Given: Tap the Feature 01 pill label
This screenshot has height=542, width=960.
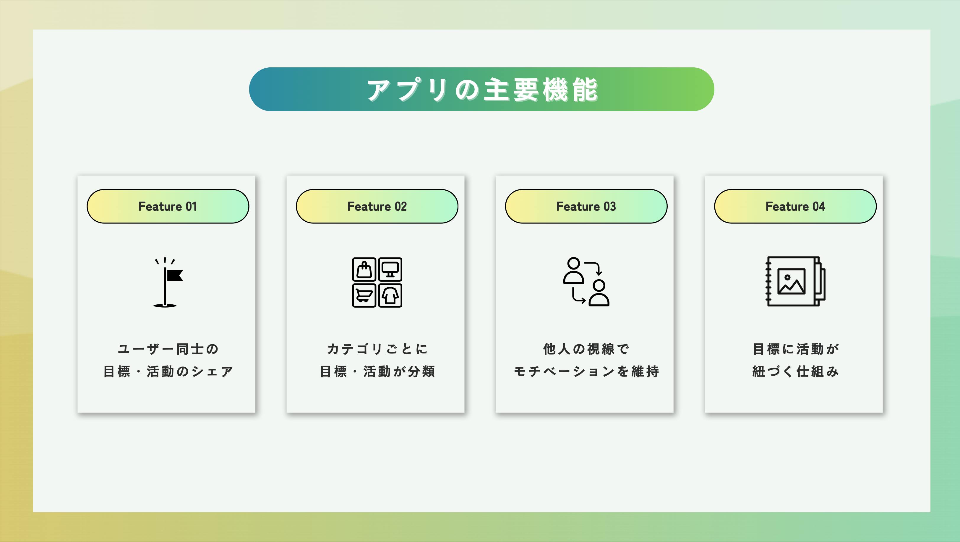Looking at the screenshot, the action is coord(168,206).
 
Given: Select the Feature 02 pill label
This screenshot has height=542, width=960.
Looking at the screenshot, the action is coord(377,206).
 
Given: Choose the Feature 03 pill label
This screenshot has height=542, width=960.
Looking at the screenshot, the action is coord(586,206).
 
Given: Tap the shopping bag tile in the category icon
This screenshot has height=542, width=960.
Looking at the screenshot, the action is coord(364,269).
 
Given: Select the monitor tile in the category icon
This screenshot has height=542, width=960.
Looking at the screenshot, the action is coord(390,269).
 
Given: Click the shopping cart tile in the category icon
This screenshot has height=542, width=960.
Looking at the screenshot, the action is coord(364,296).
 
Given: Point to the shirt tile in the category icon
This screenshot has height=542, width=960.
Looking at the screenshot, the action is coord(390,296).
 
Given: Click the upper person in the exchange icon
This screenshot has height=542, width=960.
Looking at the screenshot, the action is coord(573,270).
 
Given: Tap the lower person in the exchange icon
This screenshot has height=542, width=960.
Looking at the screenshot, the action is coord(599,293).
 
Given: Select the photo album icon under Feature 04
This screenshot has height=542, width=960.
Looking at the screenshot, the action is coord(795,281).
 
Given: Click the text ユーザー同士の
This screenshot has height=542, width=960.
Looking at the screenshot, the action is coord(168,349).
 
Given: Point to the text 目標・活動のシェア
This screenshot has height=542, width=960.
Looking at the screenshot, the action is coord(168,371).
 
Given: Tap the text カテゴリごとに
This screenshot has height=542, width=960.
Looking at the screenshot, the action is coord(377,349).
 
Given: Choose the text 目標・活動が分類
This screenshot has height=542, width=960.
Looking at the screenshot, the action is coord(377,371).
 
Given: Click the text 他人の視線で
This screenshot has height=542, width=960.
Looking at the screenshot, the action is coord(586,349).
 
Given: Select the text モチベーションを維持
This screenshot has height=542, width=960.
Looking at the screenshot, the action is coord(586,371).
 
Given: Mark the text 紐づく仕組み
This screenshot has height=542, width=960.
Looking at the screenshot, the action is coord(795,371).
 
